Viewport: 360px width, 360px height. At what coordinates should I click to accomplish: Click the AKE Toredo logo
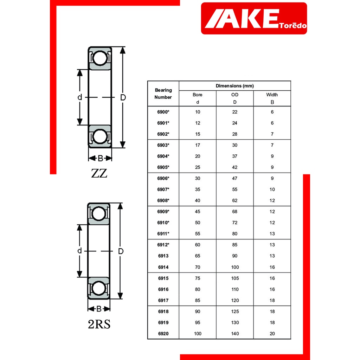click(254, 18)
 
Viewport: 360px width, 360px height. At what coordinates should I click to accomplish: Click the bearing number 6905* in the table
click(163, 167)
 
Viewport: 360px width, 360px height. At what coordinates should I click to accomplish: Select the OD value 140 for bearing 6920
click(235, 334)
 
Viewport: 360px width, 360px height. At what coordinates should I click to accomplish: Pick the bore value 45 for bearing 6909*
click(198, 211)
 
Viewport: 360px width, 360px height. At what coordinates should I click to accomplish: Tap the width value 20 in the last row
click(272, 334)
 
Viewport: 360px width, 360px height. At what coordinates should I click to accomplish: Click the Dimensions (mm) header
click(234, 86)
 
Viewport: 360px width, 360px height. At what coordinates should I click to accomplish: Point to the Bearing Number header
click(163, 94)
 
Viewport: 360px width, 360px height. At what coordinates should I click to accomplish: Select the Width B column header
click(272, 98)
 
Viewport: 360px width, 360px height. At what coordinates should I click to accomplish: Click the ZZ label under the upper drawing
click(99, 173)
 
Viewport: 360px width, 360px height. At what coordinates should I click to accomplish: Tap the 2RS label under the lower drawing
click(99, 324)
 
